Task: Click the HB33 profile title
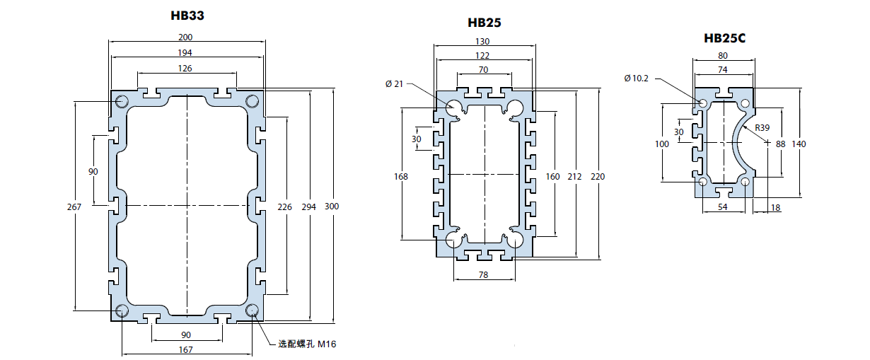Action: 187,15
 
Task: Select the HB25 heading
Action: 485,23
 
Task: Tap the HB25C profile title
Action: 725,38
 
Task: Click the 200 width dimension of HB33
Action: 185,37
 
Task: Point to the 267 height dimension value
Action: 74,207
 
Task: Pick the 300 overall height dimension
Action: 332,207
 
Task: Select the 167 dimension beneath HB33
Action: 185,350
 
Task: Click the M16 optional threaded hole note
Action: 307,344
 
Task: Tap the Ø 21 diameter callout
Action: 394,84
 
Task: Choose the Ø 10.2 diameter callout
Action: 636,79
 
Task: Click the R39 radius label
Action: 762,128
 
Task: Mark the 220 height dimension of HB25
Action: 598,177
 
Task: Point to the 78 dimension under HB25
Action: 483,275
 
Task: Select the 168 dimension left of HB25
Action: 401,177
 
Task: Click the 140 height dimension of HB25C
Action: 799,144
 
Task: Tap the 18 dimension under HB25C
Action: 776,208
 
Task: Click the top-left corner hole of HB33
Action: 122,101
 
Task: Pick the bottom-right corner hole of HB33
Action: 252,310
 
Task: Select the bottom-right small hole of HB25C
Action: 745,182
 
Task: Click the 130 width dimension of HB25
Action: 482,42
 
